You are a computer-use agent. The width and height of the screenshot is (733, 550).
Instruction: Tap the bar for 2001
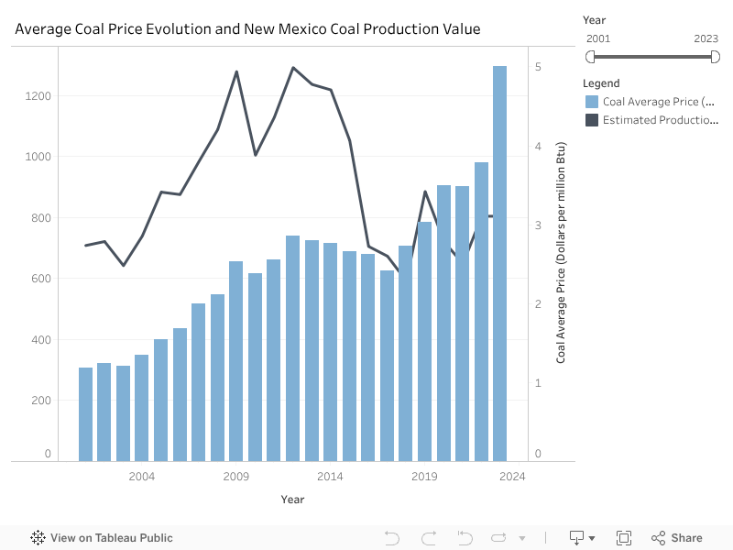click(85, 413)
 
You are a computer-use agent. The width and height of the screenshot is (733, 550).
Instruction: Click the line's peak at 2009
click(236, 71)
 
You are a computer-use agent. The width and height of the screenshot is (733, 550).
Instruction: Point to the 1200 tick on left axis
click(38, 96)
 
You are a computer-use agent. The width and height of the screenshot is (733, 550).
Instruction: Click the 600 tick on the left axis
click(40, 279)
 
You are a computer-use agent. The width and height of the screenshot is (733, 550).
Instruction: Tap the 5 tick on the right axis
click(539, 67)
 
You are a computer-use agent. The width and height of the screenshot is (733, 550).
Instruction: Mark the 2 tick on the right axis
click(539, 304)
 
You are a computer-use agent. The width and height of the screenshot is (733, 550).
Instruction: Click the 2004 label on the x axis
click(142, 477)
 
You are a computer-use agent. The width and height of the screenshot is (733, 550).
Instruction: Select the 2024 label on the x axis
click(513, 477)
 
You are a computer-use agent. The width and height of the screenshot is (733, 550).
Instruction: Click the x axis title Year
click(292, 500)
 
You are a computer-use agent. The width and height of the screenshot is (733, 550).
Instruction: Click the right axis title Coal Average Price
click(561, 252)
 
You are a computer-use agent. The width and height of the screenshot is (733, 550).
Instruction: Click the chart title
click(247, 28)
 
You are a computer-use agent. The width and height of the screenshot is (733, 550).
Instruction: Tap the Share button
click(677, 538)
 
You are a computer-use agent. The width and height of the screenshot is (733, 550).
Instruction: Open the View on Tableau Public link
click(102, 538)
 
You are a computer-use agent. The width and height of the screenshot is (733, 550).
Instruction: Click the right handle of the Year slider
click(715, 57)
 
